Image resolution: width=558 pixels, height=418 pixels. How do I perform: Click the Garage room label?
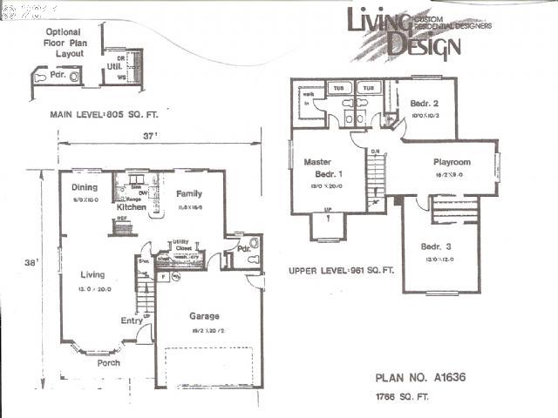(x=204, y=316)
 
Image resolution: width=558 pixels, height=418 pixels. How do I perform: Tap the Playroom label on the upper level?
(x=452, y=162)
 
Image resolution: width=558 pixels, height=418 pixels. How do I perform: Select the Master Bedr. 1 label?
(x=324, y=168)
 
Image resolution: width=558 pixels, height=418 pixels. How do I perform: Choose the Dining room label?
(x=84, y=187)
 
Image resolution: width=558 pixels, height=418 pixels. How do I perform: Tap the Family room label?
(x=189, y=193)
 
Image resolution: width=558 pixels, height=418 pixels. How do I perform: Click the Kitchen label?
(x=132, y=207)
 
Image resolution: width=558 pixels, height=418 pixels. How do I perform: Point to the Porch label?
(x=108, y=362)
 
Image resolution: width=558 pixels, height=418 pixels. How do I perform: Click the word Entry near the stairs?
(x=132, y=320)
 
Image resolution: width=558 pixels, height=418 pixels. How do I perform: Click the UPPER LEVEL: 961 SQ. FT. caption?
(x=341, y=271)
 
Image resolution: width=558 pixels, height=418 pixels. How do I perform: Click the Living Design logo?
(x=406, y=31)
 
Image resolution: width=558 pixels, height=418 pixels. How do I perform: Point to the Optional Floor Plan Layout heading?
(x=65, y=43)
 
